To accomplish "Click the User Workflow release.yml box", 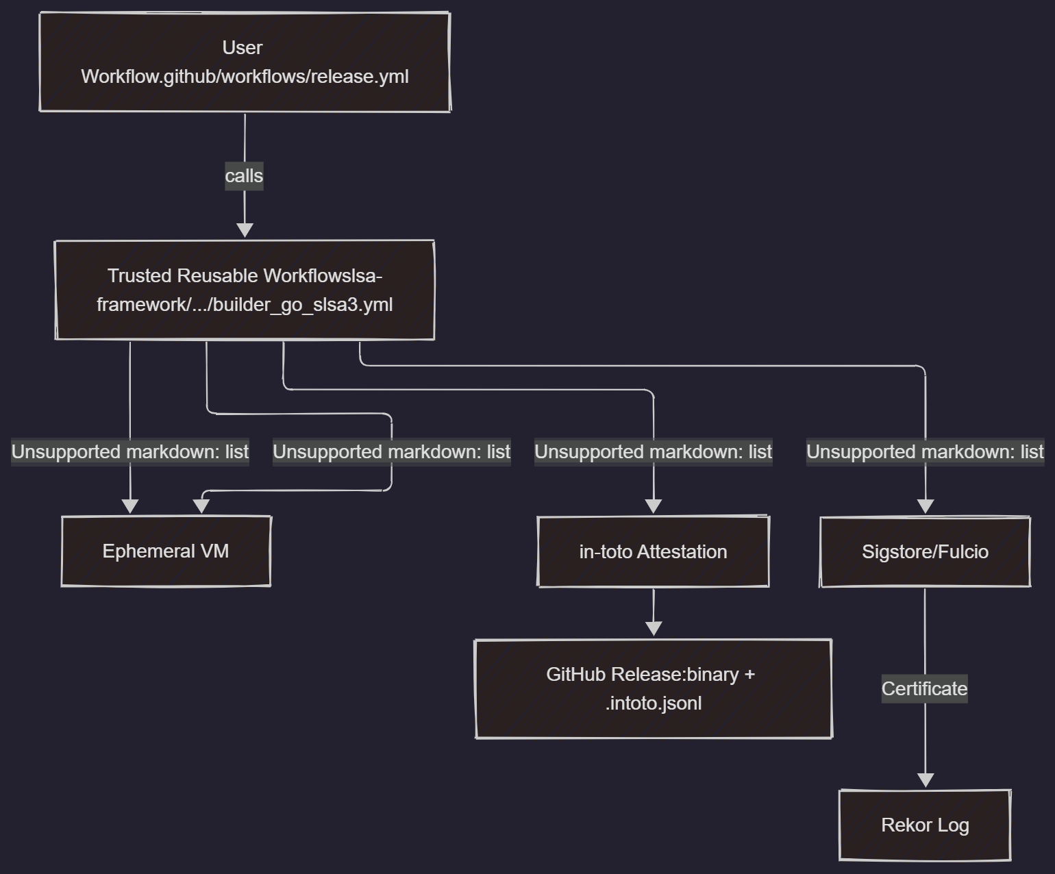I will (245, 62).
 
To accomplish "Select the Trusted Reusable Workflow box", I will (245, 290).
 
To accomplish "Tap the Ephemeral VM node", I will (166, 551).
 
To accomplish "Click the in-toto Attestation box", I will (653, 552).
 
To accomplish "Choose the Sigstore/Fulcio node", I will (925, 552).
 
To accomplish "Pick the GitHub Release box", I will (653, 689).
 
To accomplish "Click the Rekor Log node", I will (925, 825).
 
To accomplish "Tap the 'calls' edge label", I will (244, 176).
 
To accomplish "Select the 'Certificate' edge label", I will (924, 688).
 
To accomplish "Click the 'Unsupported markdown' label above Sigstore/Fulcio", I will (925, 452).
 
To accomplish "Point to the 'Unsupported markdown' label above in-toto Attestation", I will (653, 452).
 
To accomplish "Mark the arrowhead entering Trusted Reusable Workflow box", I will (245, 231).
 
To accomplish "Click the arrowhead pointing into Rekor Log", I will (926, 780).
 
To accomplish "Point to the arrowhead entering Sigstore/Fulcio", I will (926, 506).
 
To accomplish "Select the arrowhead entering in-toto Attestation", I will (654, 506).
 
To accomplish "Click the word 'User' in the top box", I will (242, 48).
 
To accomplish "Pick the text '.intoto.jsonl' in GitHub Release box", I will (654, 703).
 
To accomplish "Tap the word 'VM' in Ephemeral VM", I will (215, 551).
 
